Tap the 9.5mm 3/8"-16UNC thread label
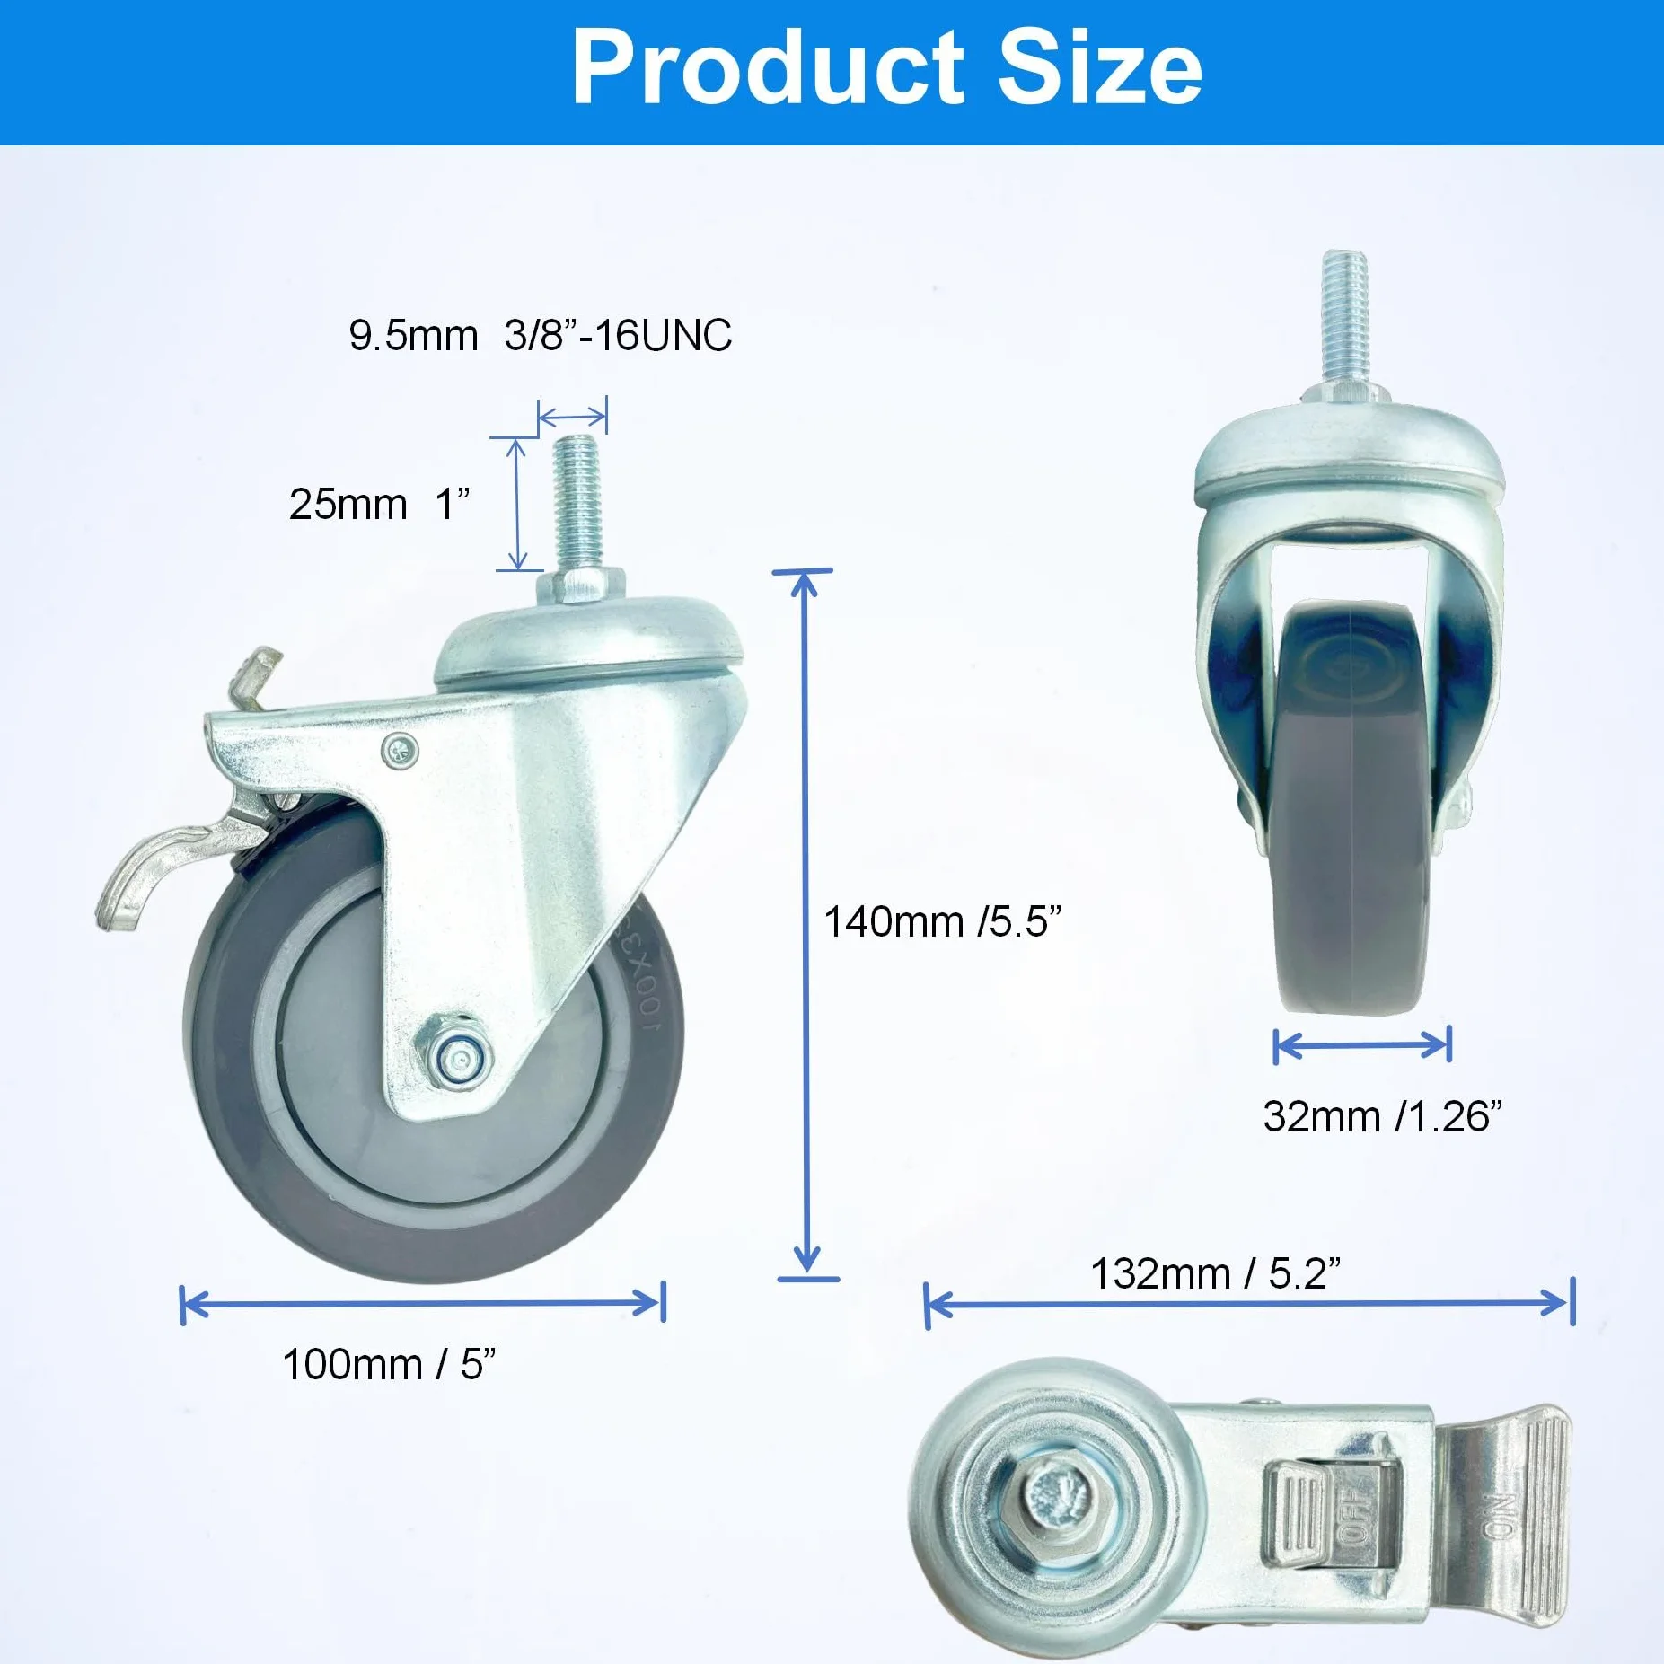pos(541,336)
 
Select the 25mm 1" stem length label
pos(379,504)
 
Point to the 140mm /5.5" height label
pos(943,921)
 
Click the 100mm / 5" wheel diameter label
pos(389,1364)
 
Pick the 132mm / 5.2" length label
pos(1216,1273)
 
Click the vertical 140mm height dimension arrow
pos(806,924)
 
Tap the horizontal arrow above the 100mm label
pos(422,1303)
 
